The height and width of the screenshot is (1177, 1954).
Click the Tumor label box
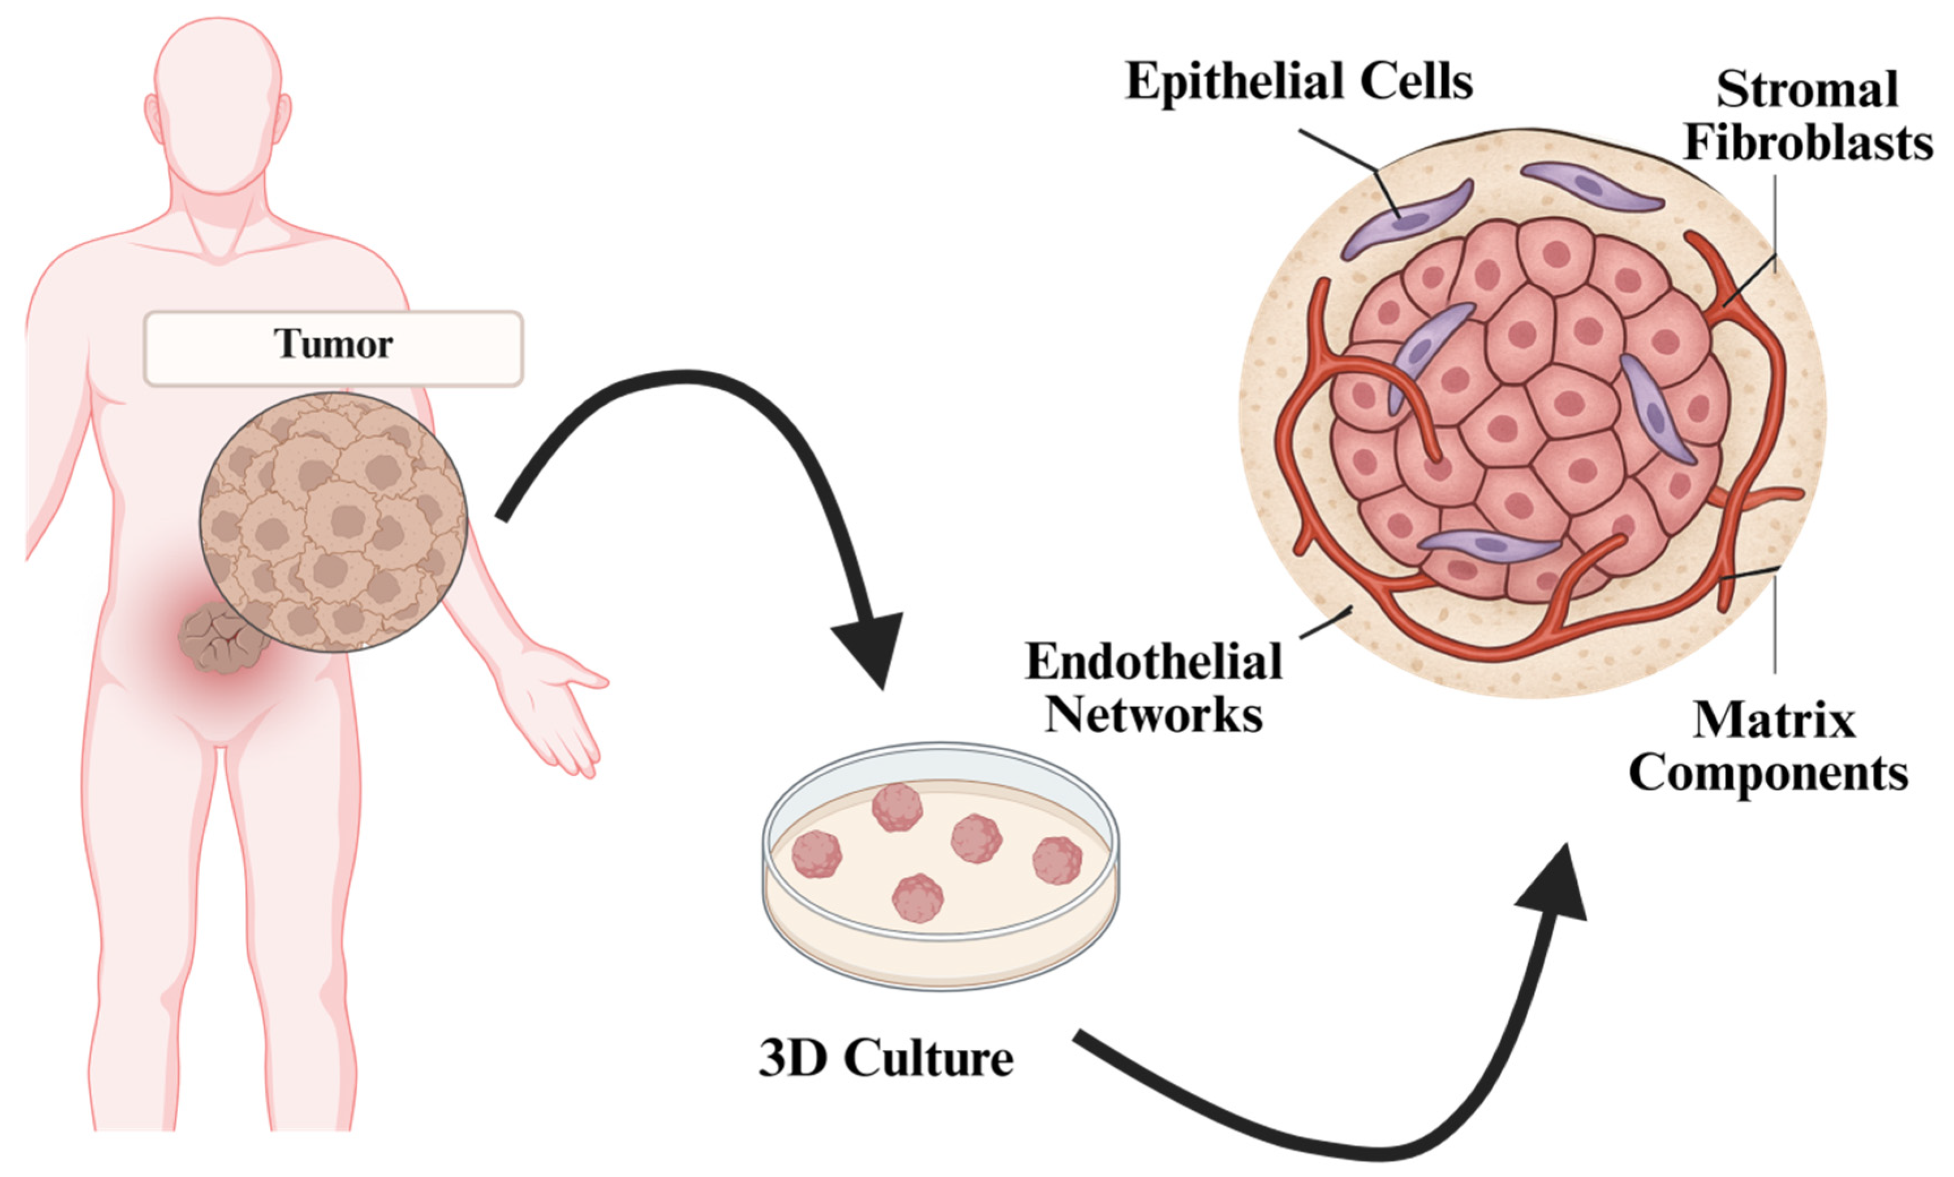(x=333, y=347)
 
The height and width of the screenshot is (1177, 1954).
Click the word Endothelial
(x=1154, y=662)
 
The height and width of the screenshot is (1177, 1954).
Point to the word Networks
(x=1154, y=715)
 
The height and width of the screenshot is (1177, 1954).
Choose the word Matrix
(x=1774, y=721)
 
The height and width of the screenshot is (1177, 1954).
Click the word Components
(x=1768, y=773)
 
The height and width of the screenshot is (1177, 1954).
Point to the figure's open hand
(x=559, y=706)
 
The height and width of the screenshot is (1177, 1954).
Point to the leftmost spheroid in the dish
(x=816, y=854)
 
